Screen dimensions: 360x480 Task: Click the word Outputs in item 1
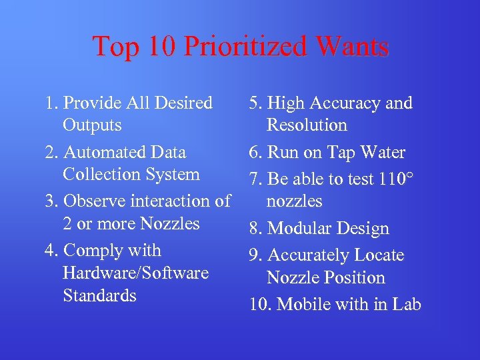click(92, 125)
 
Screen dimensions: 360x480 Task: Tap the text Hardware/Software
click(135, 273)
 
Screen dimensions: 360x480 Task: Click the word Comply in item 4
click(93, 251)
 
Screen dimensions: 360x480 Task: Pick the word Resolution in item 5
click(307, 125)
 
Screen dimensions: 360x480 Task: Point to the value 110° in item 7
click(395, 179)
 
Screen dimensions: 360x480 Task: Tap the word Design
click(363, 229)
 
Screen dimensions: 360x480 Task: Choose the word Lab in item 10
click(407, 305)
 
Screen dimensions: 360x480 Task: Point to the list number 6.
click(253, 153)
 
